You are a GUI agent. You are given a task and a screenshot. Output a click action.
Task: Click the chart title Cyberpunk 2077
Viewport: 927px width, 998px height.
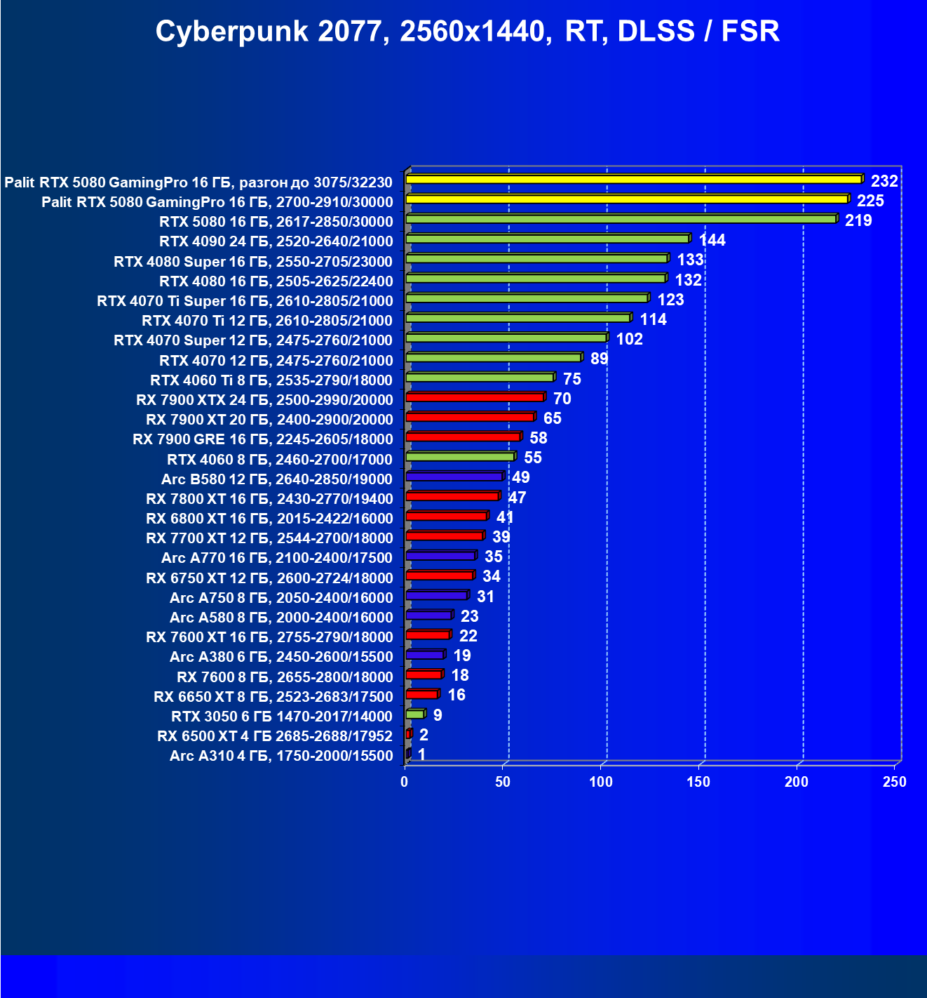pos(467,32)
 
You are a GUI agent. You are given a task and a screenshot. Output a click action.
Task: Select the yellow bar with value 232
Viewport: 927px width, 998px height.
pos(633,180)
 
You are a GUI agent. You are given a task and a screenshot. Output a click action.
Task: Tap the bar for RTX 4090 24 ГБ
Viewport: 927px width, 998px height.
pos(547,239)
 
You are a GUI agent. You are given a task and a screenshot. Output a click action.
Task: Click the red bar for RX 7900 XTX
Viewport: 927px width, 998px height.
pos(475,397)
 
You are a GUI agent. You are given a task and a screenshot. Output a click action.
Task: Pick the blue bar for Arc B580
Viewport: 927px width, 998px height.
pos(454,477)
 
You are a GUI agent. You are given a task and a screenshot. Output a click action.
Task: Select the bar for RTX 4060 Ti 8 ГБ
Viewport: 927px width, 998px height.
pos(480,378)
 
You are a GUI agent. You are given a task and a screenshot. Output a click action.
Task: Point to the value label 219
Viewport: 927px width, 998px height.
pos(858,220)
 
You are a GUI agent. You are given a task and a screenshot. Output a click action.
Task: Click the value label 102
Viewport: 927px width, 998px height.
pos(629,339)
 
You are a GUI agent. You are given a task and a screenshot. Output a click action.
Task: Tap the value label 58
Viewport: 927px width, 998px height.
pos(538,438)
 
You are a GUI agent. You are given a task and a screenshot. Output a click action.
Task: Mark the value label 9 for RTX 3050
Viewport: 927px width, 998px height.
pos(438,715)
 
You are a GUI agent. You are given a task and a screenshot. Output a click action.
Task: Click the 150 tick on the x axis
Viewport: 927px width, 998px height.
pos(698,782)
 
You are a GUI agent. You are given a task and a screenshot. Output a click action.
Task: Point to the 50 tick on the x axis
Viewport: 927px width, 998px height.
pos(503,782)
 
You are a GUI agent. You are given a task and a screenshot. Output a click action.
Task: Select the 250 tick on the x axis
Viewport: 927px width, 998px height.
pos(894,782)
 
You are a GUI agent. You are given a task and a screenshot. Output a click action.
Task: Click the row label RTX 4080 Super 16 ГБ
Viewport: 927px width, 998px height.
pos(253,262)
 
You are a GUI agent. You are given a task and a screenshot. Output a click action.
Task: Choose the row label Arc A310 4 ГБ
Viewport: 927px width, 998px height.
pos(281,756)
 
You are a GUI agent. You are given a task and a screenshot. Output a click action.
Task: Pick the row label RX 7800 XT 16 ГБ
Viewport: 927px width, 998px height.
pos(269,499)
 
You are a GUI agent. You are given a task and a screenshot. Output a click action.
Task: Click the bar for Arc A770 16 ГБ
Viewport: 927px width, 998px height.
pos(440,556)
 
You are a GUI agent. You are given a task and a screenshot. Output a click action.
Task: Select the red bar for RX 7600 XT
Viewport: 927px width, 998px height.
pos(428,635)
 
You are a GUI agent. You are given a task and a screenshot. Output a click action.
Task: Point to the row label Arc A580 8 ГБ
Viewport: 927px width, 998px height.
pos(281,618)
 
